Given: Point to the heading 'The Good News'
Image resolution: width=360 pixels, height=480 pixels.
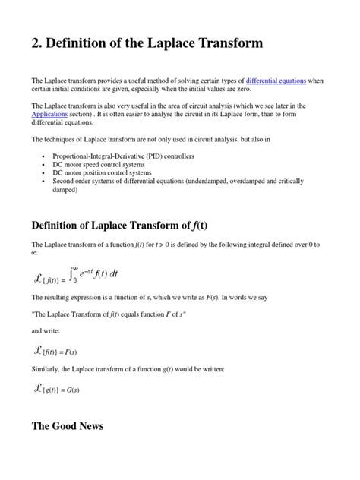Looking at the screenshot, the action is (x=67, y=447).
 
